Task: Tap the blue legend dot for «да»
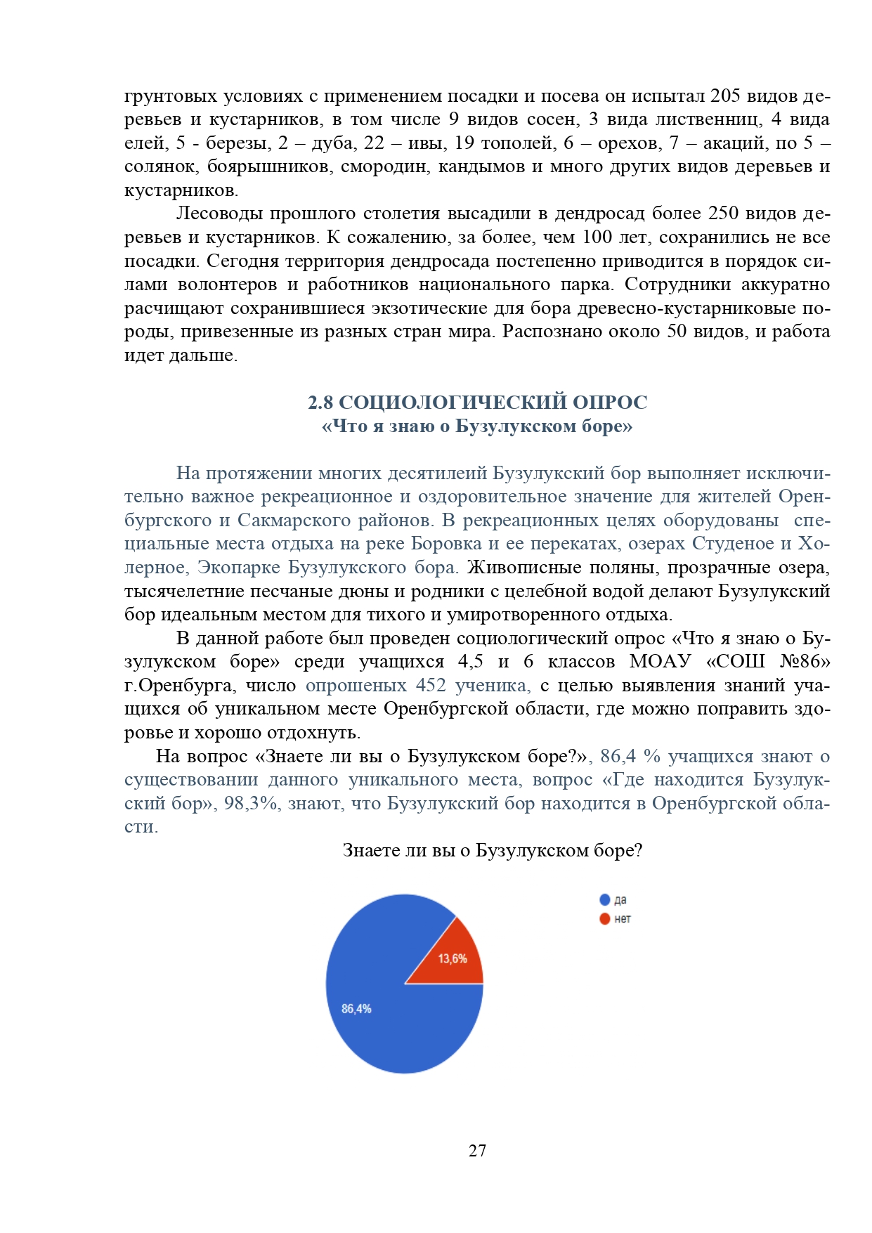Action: point(604,900)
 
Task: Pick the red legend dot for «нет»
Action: point(604,919)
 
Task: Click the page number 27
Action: point(477,1150)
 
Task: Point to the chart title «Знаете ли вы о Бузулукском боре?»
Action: point(492,850)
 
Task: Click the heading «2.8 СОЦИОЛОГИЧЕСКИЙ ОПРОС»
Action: point(477,403)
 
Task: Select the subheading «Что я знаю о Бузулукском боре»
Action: point(477,426)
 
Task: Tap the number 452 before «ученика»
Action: point(431,685)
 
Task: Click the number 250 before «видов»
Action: point(723,214)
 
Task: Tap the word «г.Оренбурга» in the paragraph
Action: point(179,685)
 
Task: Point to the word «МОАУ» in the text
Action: point(660,661)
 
